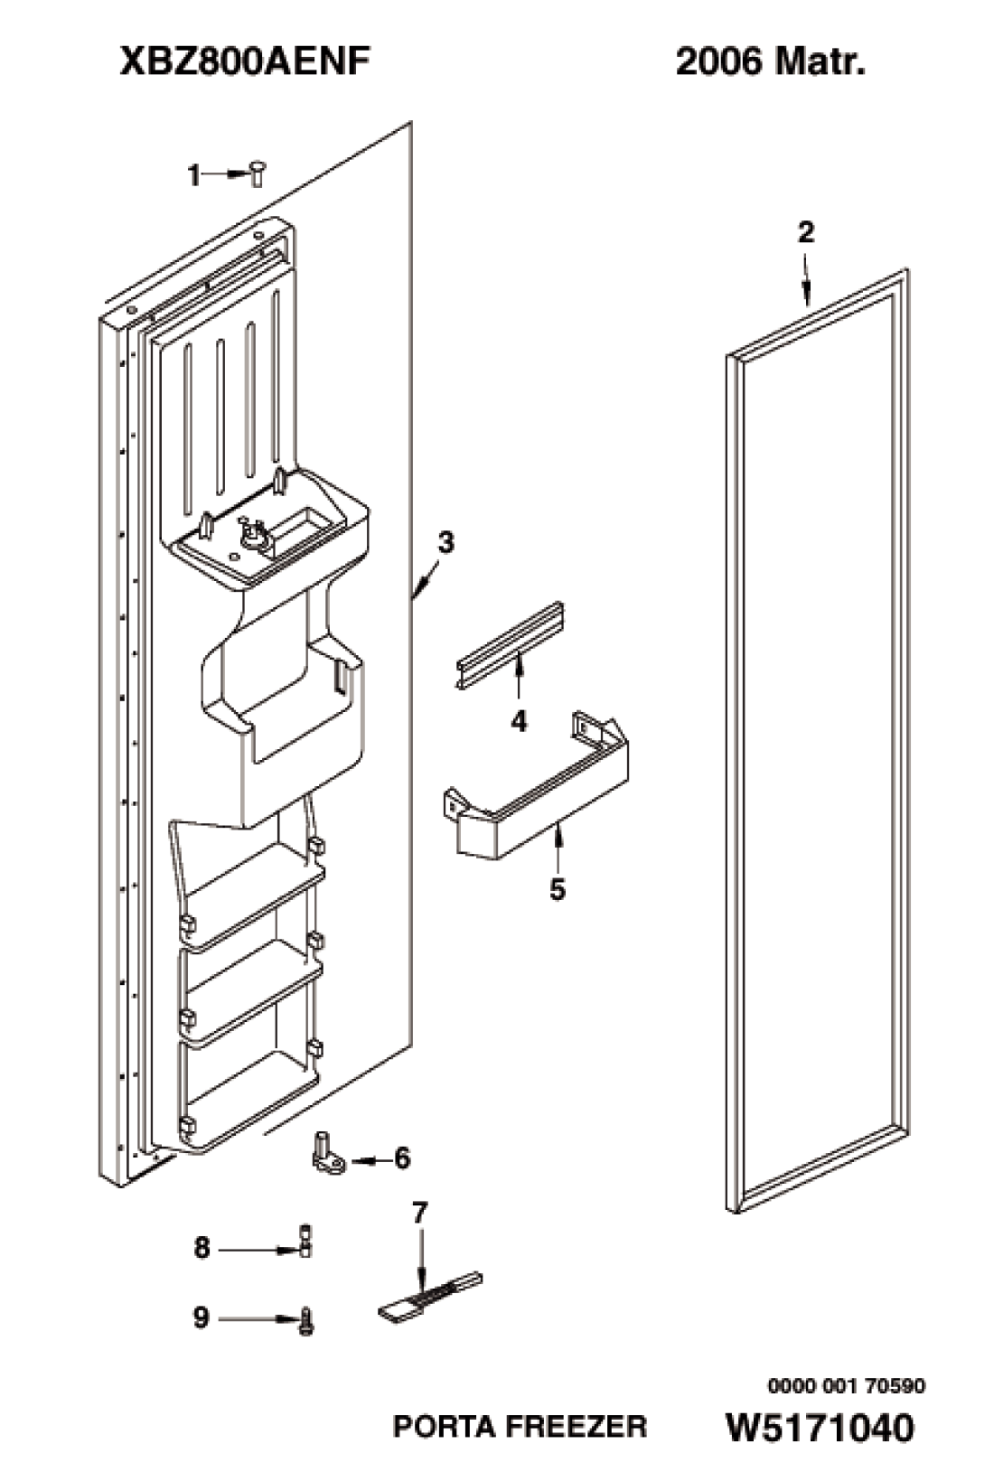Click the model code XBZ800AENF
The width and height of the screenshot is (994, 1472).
tap(244, 63)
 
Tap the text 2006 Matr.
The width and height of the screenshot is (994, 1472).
tap(770, 63)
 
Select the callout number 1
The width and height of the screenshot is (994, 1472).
tap(193, 175)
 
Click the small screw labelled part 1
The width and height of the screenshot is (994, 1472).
tap(257, 173)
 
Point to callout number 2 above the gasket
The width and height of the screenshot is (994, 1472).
tap(805, 232)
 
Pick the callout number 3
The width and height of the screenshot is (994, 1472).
tap(446, 543)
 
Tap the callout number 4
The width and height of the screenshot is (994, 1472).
tap(519, 722)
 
